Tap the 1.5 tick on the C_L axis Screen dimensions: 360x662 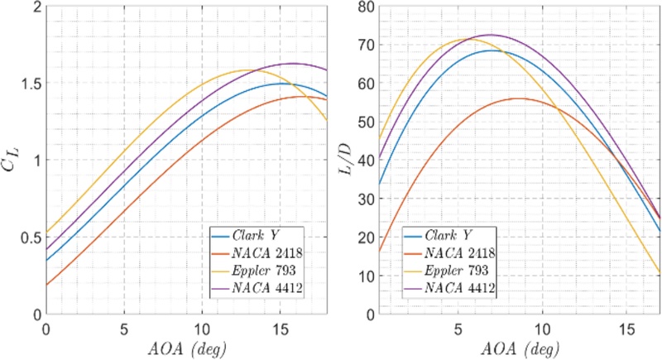point(31,83)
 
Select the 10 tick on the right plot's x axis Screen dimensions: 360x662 point(541,329)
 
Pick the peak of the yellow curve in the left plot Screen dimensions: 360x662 point(248,70)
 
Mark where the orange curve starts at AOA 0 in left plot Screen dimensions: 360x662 point(46,285)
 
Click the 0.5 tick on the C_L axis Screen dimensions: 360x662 point(31,238)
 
